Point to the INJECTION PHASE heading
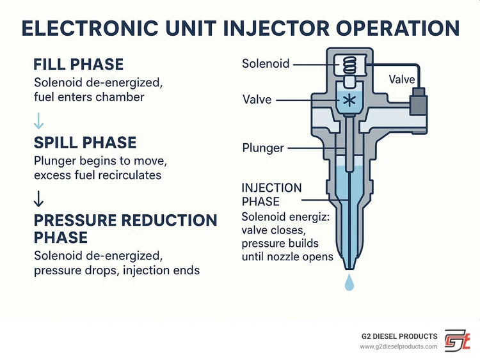(x=271, y=194)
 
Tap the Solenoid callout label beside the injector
(x=266, y=64)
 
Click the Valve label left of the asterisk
(x=257, y=100)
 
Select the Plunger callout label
(x=263, y=148)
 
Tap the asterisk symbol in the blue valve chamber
(x=349, y=100)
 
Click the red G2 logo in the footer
(x=458, y=340)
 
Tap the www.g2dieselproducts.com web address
(x=398, y=347)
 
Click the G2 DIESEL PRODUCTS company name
(x=398, y=336)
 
